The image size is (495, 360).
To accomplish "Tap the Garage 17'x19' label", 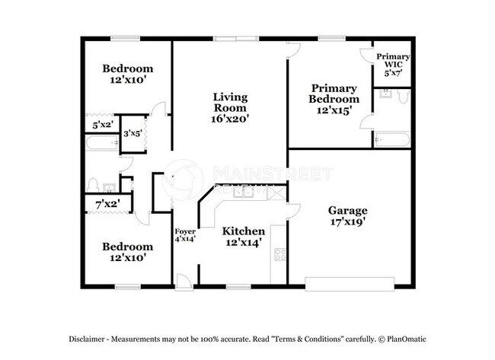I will pos(347,216).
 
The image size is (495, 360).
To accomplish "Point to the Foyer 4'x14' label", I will pos(185,235).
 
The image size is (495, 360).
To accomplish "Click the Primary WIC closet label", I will pos(394,65).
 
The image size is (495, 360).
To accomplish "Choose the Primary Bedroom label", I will pos(334,94).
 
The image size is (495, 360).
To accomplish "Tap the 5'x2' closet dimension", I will pos(101,125).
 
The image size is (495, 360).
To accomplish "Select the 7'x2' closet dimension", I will pos(107,204).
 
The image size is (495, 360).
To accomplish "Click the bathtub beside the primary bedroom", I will pos(391,140).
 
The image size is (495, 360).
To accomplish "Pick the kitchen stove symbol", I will pos(279,255).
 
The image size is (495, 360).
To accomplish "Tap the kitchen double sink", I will pos(244,192).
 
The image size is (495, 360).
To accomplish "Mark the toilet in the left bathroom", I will pos(93,184).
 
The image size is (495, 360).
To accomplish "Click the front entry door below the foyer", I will pos(184,282).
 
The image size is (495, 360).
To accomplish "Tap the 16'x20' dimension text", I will pos(229,119).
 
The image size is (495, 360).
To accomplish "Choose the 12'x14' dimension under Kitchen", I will pos(244,244).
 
